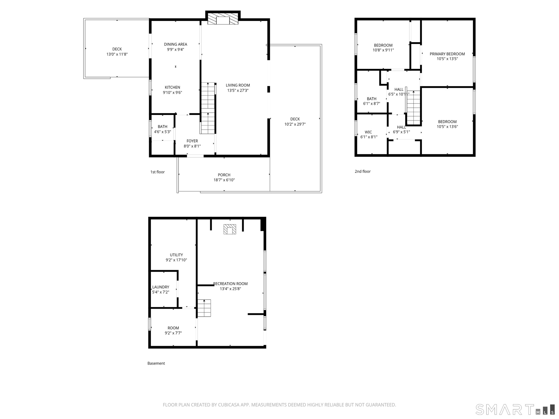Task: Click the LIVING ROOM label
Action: [x=238, y=85]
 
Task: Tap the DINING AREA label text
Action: [x=176, y=44]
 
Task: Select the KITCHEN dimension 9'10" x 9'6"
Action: [x=172, y=93]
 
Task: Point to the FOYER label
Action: [x=192, y=141]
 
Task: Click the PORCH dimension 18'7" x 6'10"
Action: [x=224, y=180]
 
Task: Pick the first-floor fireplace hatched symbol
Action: [x=223, y=19]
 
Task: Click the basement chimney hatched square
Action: [x=230, y=229]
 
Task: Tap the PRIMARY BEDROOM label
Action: [x=447, y=54]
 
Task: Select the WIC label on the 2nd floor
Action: [x=368, y=132]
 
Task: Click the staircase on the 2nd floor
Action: [x=414, y=107]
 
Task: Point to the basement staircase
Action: [x=204, y=308]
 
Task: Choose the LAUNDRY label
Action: [x=161, y=287]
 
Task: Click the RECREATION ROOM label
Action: [x=230, y=284]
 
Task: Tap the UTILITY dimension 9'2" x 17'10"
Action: [x=176, y=260]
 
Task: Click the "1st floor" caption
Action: [x=158, y=172]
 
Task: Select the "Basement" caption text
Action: [x=156, y=363]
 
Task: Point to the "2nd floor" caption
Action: [x=362, y=171]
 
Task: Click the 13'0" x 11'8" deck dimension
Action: [x=117, y=54]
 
